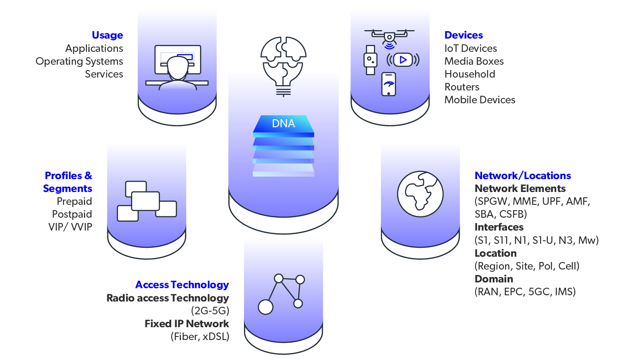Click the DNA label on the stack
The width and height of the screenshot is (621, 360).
(x=283, y=124)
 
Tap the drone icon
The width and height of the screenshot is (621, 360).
(x=389, y=35)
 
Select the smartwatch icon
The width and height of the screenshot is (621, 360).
(x=370, y=59)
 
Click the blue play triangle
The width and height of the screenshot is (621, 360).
(x=403, y=60)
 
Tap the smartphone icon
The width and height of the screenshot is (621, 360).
(x=389, y=84)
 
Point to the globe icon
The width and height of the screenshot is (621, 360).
(x=420, y=194)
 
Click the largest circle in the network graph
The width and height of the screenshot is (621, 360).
(x=266, y=307)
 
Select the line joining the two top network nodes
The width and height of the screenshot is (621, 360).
(x=289, y=279)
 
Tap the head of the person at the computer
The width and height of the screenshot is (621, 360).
(x=178, y=67)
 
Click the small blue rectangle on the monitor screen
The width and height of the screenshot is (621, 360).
(x=185, y=57)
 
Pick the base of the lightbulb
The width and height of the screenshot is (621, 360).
(x=283, y=91)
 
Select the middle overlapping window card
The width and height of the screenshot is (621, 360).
(x=145, y=201)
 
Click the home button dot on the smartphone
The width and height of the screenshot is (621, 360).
(x=389, y=94)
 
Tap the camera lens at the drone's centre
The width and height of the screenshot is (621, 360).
(x=389, y=37)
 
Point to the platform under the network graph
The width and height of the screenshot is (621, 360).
(x=283, y=328)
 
